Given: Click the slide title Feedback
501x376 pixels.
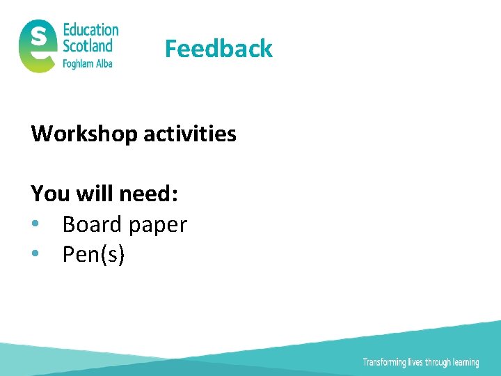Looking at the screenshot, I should point(218,49).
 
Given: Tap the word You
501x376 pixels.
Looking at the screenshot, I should point(51,194).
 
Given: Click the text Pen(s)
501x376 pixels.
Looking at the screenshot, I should point(93,255).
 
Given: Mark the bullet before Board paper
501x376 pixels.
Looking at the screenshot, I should point(35,225).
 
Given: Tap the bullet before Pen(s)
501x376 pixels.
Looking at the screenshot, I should point(35,255).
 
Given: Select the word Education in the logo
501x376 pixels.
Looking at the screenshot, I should point(90,30).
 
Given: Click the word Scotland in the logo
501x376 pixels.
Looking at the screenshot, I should point(88,46).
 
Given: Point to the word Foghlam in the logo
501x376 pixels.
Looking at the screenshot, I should point(79,63).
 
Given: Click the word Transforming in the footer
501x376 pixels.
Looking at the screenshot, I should point(383,362).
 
